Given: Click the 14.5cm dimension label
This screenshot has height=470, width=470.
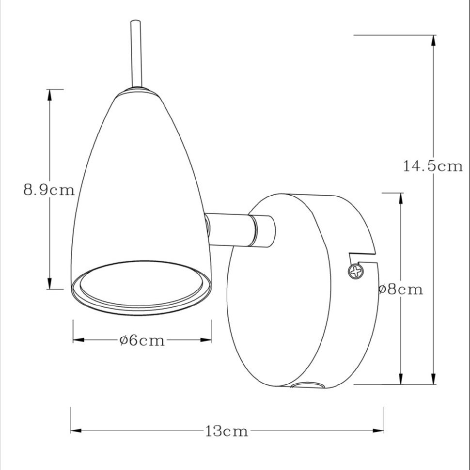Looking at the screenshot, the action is tap(433, 166).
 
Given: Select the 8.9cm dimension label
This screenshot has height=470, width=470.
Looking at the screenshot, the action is tap(49, 190).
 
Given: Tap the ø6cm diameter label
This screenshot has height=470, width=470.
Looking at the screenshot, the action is tap(142, 341).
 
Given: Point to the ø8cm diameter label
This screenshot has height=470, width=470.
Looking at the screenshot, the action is tap(401, 290).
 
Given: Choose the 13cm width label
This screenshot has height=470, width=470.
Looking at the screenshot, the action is tap(227, 431).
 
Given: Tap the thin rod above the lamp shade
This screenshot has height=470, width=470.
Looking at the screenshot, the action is tap(136, 54).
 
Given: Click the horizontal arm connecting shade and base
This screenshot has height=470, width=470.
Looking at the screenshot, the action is tap(240, 230).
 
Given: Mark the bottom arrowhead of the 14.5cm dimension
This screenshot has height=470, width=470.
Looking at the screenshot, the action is tap(433, 378).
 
